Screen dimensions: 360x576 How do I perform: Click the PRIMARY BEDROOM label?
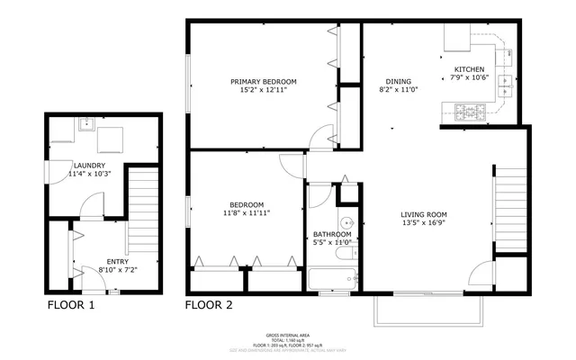point(263,82)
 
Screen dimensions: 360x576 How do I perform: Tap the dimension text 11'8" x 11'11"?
point(247,213)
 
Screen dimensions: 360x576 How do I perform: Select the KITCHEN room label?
point(468,69)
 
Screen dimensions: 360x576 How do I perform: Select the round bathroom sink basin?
point(348,223)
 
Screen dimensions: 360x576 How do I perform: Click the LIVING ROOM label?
point(423,214)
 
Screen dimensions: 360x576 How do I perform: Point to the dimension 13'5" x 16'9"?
point(423,225)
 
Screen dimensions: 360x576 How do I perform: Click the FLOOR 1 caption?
point(70,305)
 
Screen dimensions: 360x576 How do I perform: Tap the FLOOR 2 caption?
point(209,305)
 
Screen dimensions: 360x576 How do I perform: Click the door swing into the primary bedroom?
point(317,138)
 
